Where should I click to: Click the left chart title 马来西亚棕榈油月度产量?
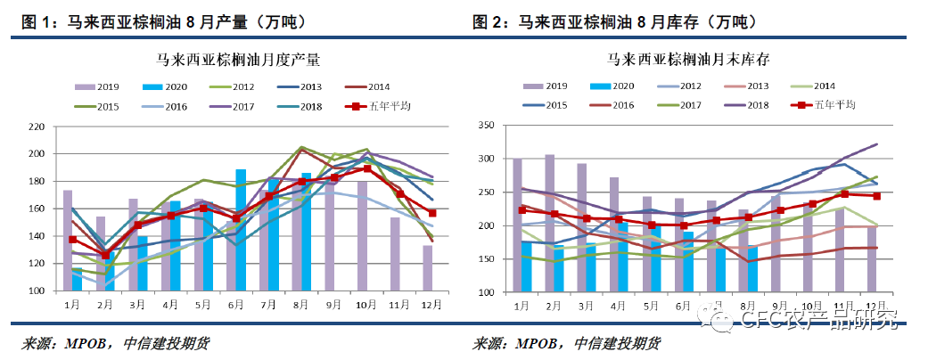[237, 61]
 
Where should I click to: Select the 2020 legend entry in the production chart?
[162, 87]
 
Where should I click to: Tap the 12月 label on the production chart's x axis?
[429, 305]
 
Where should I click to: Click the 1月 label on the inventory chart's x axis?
[518, 306]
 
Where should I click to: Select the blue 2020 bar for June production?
[241, 230]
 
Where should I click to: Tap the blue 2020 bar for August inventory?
[752, 269]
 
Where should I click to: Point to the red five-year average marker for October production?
[366, 168]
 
